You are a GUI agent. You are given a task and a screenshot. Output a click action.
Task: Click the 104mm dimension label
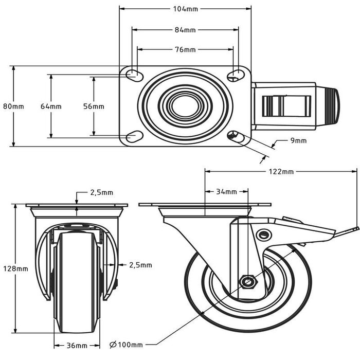pos(185,9)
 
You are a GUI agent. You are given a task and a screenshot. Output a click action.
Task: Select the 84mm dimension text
pos(185,30)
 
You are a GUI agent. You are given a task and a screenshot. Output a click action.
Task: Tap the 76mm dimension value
pos(185,49)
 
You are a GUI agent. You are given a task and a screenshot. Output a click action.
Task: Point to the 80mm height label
pos(13,106)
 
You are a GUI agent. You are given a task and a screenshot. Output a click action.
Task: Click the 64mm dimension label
pos(51,106)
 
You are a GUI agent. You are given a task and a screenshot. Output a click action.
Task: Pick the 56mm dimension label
pos(94,106)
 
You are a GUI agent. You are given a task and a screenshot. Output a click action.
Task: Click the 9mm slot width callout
pos(298,140)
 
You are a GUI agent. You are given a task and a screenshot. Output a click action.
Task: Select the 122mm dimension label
pos(281,171)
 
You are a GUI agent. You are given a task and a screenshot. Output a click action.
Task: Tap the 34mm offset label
pos(226,191)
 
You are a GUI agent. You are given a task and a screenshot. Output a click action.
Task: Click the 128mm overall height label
pos(15,268)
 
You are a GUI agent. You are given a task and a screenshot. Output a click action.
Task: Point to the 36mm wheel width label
pos(77,346)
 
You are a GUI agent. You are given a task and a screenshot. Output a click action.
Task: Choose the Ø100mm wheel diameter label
pos(126,345)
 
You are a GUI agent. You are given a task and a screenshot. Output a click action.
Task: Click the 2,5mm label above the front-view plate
pos(102,192)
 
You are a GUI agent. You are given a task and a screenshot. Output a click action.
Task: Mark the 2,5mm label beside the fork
pos(140,265)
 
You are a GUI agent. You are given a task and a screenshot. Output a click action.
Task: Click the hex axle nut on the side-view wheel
pos(248,281)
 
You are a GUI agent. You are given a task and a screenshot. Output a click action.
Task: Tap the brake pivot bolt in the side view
pos(264,235)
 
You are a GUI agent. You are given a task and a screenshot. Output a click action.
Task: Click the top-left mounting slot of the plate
pos(135,75)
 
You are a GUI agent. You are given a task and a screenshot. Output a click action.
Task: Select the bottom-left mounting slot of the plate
pos(135,137)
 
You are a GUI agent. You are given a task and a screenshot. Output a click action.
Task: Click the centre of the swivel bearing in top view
pos(185,106)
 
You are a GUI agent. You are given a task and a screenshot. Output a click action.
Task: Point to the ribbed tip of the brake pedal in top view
pos(334,106)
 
